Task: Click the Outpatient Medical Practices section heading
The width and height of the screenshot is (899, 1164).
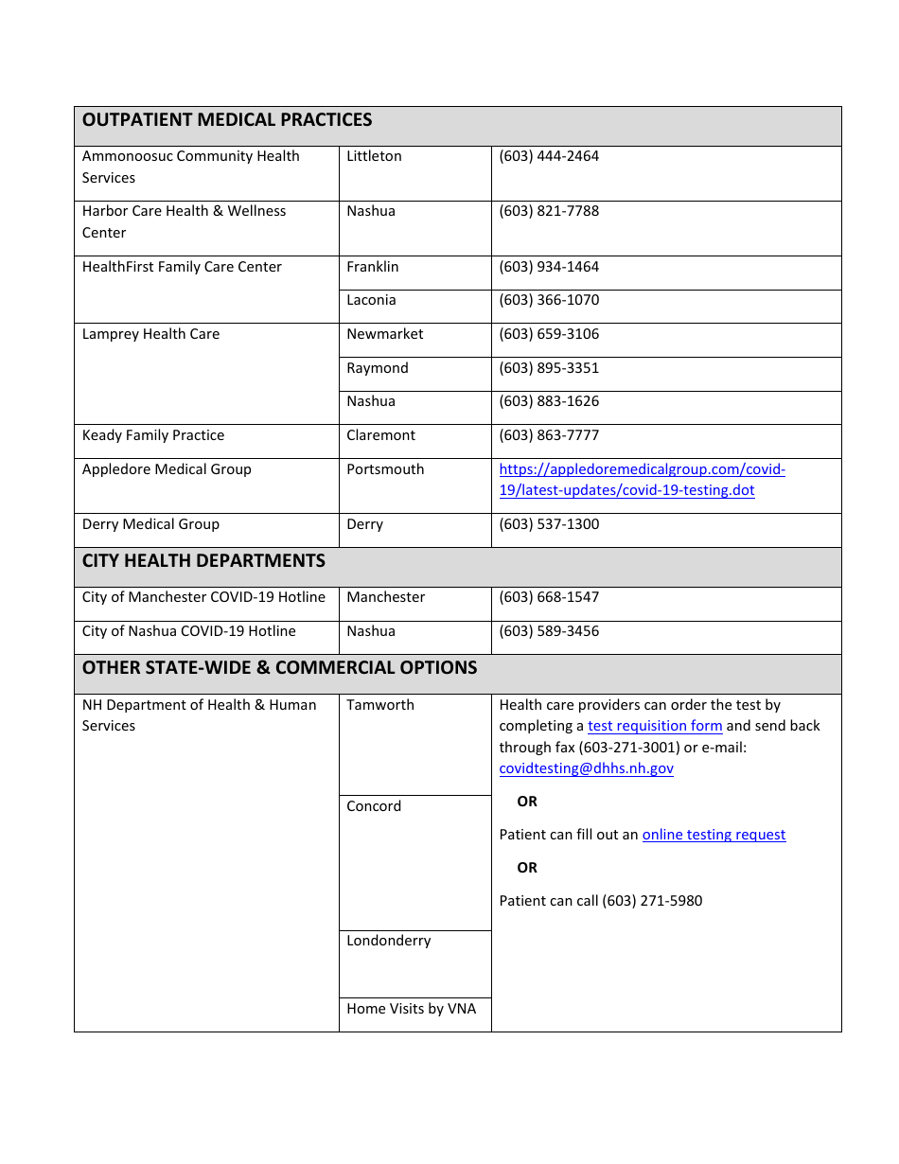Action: point(227,120)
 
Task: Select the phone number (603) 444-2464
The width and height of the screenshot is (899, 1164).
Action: point(549,156)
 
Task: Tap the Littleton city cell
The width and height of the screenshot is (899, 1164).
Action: point(374,156)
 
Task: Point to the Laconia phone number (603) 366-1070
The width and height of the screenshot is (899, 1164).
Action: point(549,300)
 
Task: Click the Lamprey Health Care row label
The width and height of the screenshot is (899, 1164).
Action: point(150,334)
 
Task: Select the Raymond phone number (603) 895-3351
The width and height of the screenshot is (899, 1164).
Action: point(549,368)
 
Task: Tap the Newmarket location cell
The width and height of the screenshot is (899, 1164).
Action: point(385,334)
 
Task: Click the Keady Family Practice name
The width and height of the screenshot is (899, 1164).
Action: point(153,435)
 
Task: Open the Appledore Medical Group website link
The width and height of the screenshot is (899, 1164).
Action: point(642,480)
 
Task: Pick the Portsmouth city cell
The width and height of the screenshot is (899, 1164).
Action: point(385,469)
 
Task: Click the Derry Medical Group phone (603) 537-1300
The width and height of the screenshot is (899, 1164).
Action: point(549,524)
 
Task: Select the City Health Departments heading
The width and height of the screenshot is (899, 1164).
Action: point(203,561)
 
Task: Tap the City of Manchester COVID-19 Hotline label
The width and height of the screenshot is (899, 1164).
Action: point(203,597)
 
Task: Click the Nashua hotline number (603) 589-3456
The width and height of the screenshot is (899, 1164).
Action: point(549,631)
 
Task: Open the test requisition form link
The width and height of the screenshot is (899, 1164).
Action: point(655,726)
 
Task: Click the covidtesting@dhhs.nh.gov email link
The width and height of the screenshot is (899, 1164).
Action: point(586,768)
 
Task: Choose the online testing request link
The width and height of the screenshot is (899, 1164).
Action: point(714,835)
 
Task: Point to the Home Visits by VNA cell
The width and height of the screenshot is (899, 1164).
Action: point(412,1009)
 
